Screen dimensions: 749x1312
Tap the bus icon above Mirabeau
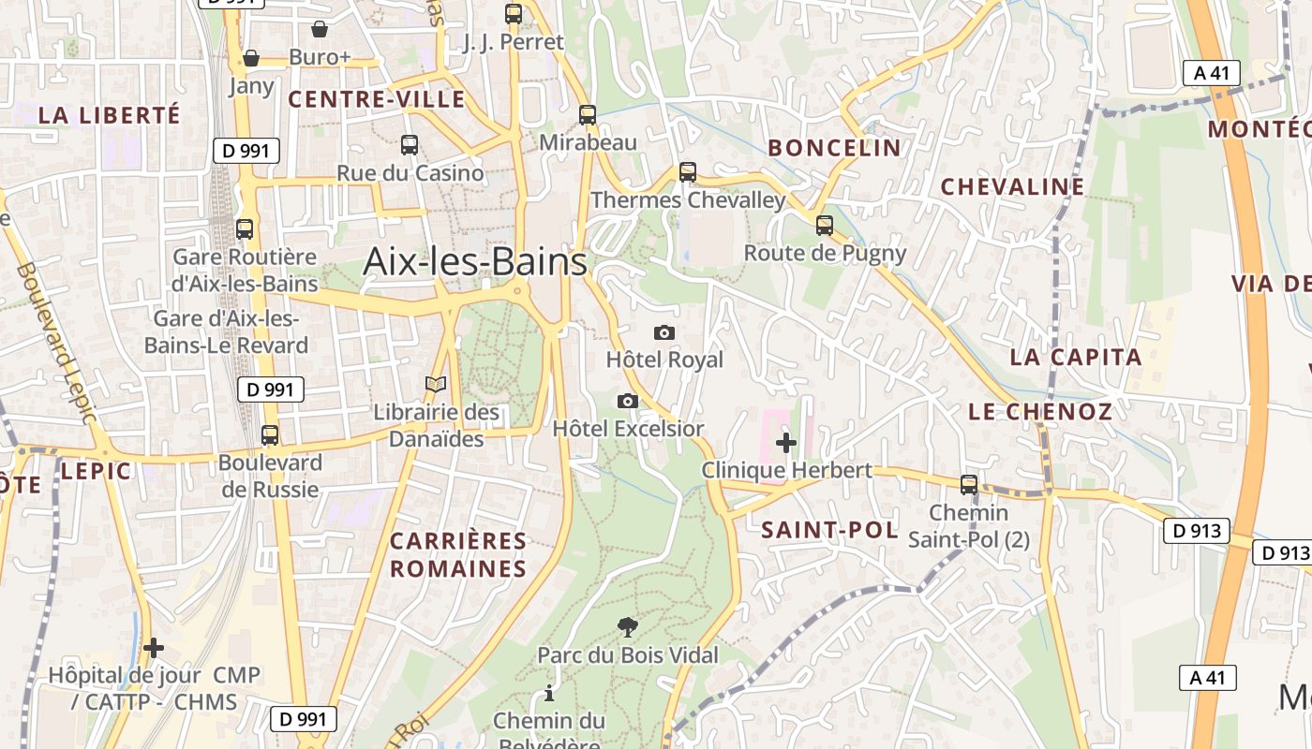tap(588, 115)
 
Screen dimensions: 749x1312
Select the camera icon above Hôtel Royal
tap(663, 333)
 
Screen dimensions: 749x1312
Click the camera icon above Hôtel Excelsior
tap(628, 402)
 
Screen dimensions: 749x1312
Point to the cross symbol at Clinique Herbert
tap(786, 443)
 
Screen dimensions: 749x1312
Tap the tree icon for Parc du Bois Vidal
tap(627, 627)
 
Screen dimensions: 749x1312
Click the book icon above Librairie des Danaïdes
tap(436, 384)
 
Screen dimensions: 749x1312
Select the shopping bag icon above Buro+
tap(320, 29)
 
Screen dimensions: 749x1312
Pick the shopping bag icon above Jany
tap(251, 58)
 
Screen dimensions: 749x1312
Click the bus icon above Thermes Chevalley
tap(688, 172)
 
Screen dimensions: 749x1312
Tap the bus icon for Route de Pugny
tap(825, 226)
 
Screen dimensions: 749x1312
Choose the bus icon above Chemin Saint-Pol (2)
tap(969, 485)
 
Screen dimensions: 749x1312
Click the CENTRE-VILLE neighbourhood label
tap(377, 99)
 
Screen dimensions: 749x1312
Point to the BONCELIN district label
tap(834, 148)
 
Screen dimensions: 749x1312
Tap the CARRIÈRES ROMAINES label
tap(458, 555)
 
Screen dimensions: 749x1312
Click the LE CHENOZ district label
tap(1040, 412)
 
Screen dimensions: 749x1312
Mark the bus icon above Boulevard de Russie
tap(270, 435)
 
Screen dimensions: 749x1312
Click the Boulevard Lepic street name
tap(56, 342)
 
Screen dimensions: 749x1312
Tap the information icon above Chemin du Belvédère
tap(549, 694)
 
